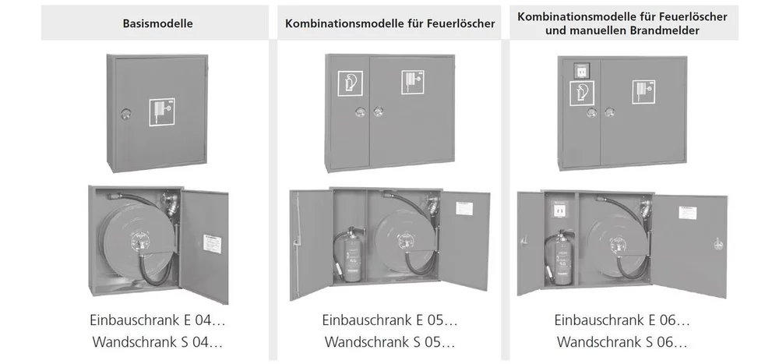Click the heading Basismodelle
point(157,23)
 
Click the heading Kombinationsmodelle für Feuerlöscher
point(390,23)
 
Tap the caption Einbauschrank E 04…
point(157,320)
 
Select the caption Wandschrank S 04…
point(157,341)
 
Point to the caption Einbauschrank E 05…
point(389,320)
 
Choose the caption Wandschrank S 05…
point(389,341)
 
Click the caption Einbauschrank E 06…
point(622,320)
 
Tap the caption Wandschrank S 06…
point(622,341)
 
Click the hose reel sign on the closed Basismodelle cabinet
point(162,112)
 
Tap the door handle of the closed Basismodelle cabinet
point(124,114)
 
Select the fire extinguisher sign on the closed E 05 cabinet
point(351,83)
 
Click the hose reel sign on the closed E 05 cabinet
point(413,82)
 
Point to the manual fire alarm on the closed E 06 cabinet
point(580,70)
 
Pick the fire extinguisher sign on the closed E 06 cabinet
point(582,93)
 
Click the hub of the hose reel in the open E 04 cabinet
point(139,241)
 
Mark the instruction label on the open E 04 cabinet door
point(212,245)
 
